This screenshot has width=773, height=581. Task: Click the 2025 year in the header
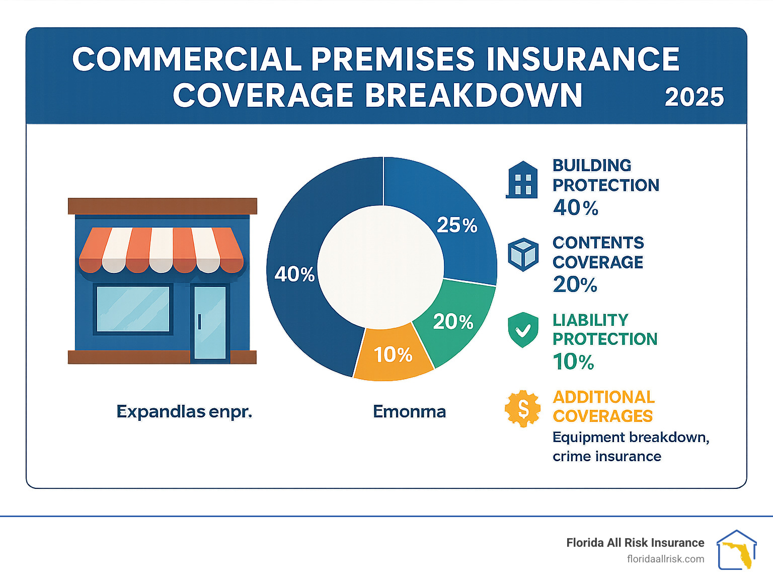[x=694, y=97]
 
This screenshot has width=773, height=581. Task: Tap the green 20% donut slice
[x=453, y=322]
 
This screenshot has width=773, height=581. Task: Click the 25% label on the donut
[x=456, y=225]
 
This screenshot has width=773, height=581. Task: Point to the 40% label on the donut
[x=294, y=274]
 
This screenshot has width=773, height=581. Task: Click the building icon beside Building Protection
[x=522, y=180]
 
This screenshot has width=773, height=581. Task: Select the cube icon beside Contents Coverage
[x=523, y=254]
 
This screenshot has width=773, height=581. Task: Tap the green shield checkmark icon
[x=523, y=330]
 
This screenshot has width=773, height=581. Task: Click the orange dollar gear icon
[x=523, y=408]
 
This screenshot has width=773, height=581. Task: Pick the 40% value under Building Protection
[x=575, y=207]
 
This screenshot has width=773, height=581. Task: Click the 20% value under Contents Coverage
[x=575, y=285]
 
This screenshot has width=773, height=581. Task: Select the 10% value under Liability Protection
[x=573, y=362]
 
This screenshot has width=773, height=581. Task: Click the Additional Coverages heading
[x=603, y=407]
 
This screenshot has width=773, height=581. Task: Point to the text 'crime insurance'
[x=606, y=456]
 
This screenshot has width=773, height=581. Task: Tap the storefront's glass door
[x=210, y=322]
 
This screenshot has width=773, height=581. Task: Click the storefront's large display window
[x=133, y=309]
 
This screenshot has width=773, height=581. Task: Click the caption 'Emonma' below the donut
[x=409, y=412]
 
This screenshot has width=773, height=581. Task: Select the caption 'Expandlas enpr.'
[x=184, y=412]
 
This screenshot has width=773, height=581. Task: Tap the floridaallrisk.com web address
[x=665, y=559]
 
